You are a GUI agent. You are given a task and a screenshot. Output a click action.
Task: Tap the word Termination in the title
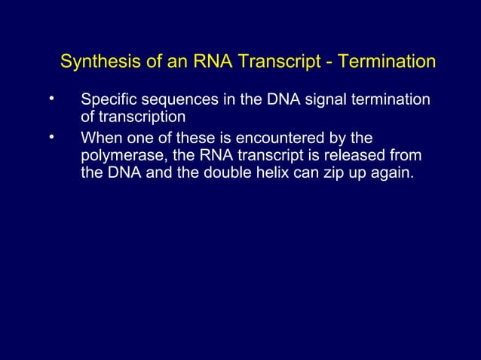tap(388, 61)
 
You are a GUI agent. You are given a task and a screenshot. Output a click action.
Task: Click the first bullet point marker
tap(51, 99)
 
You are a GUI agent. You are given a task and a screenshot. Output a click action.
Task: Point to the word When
tap(100, 139)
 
